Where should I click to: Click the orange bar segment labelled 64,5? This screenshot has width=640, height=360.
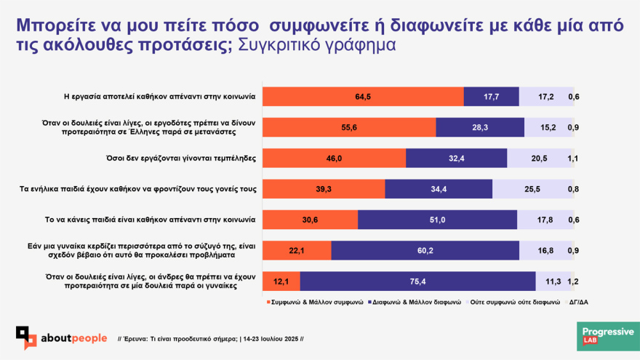[x=363, y=97]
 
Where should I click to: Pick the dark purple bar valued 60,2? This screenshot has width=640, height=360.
[x=425, y=250]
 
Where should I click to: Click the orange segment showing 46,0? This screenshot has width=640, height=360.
[x=334, y=159]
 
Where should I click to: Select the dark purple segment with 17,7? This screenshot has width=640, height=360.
[x=491, y=97]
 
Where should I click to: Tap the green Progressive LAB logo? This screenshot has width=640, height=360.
[x=607, y=336]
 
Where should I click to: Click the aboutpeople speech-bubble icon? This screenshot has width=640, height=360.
[x=27, y=337]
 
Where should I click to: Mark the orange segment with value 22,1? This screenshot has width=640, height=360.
[x=297, y=250]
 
